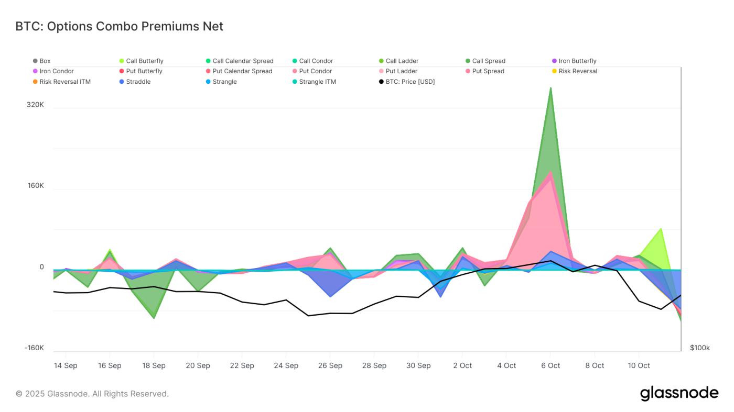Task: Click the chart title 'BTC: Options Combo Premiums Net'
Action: [x=120, y=26]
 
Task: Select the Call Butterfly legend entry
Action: [x=144, y=61]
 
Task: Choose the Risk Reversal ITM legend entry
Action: [x=64, y=82]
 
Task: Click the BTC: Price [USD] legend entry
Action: [x=410, y=82]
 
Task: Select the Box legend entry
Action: [x=45, y=61]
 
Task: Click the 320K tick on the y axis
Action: [x=35, y=105]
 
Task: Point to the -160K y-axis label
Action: [x=34, y=348]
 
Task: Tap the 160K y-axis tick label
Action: [x=35, y=186]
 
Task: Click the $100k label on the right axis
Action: [x=700, y=348]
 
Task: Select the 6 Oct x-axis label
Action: [x=550, y=365]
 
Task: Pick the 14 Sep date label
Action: [x=66, y=365]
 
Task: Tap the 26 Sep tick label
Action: [x=330, y=365]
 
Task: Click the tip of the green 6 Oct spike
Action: [x=550, y=87]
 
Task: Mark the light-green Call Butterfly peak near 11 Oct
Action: [x=661, y=229]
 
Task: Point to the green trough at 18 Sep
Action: [x=154, y=318]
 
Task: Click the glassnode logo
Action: [x=679, y=393]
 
